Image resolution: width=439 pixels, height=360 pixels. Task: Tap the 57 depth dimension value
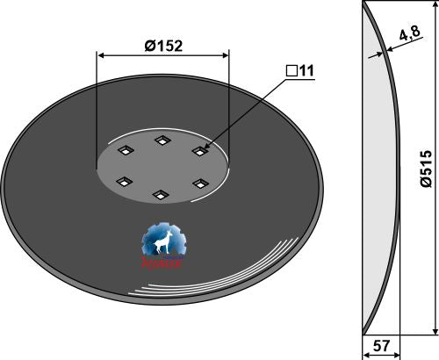[382, 348]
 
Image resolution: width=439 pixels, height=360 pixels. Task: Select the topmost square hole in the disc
[162, 140]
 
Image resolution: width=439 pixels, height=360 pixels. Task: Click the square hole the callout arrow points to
[199, 152]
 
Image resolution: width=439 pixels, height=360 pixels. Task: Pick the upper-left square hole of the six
[124, 151]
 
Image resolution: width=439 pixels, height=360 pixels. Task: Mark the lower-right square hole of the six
[199, 184]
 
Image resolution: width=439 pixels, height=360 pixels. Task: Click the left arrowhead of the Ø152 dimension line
[101, 55]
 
